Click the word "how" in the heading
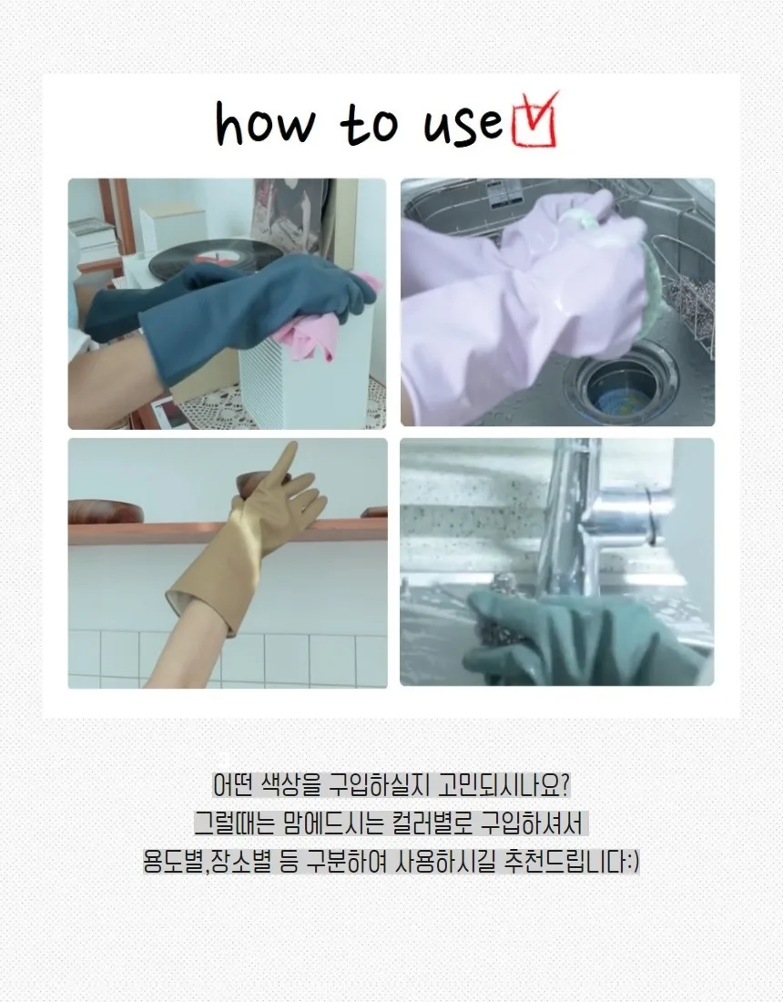click(265, 122)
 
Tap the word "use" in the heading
click(463, 127)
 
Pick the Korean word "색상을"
click(290, 785)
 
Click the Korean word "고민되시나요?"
click(503, 785)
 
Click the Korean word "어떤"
click(234, 785)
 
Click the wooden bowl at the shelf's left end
click(106, 512)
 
